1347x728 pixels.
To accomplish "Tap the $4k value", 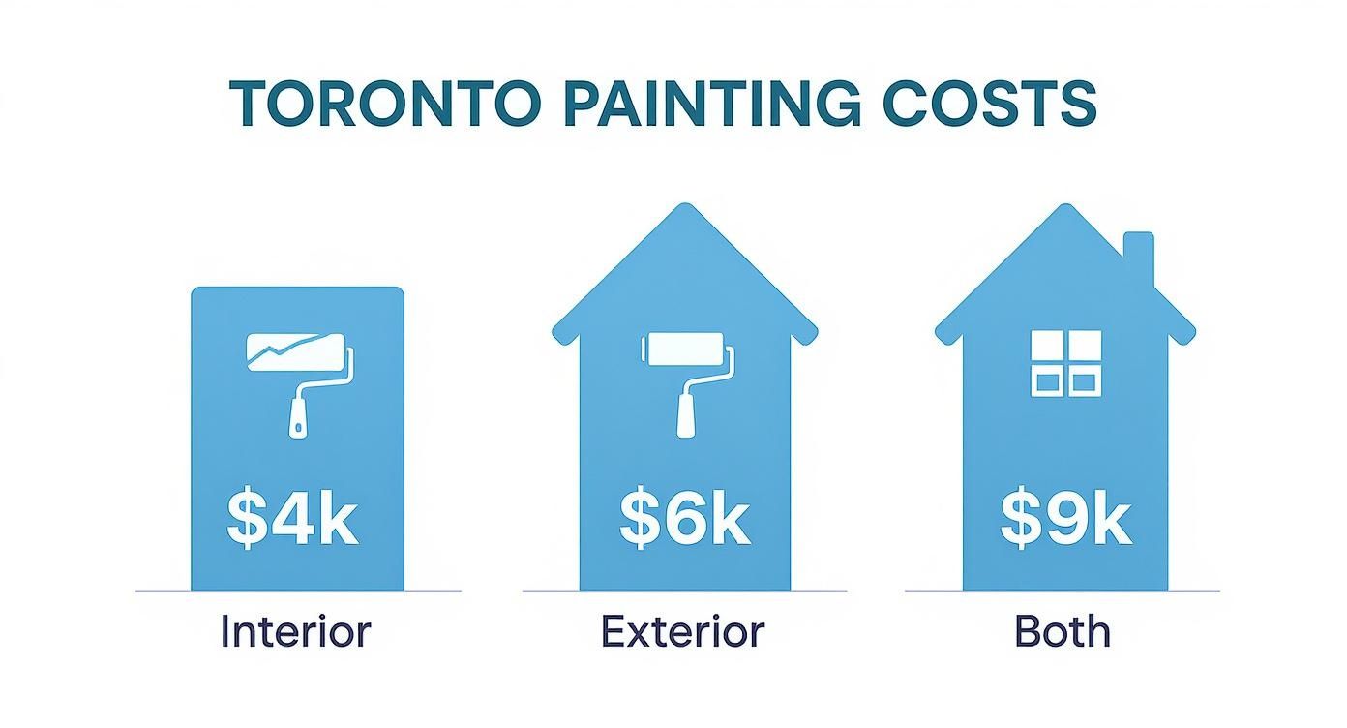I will click(292, 520).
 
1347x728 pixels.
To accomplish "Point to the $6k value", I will click(684, 520).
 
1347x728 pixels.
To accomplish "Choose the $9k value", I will click(1065, 520).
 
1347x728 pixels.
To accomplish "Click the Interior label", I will click(295, 632).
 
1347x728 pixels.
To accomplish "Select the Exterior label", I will click(683, 632).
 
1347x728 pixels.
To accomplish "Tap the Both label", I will click(1063, 632).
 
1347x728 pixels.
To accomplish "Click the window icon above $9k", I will click(1065, 363).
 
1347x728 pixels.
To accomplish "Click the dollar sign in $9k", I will click(1018, 520).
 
